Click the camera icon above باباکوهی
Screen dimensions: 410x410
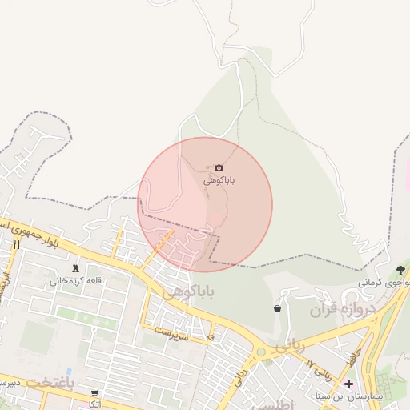click(219, 167)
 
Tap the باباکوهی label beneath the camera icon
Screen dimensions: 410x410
click(219, 180)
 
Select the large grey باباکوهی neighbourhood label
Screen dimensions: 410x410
click(189, 293)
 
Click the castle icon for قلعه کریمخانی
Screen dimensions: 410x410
click(76, 268)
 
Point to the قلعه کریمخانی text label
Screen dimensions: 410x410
click(76, 281)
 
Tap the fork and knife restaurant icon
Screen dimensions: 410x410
click(15, 244)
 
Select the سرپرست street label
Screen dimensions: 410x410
click(173, 331)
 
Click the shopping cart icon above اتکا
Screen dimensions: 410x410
click(94, 393)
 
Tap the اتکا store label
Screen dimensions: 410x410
click(94, 404)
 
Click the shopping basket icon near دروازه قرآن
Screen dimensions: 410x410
click(277, 308)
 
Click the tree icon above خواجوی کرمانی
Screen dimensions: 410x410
click(400, 270)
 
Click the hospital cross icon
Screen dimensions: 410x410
click(348, 384)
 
